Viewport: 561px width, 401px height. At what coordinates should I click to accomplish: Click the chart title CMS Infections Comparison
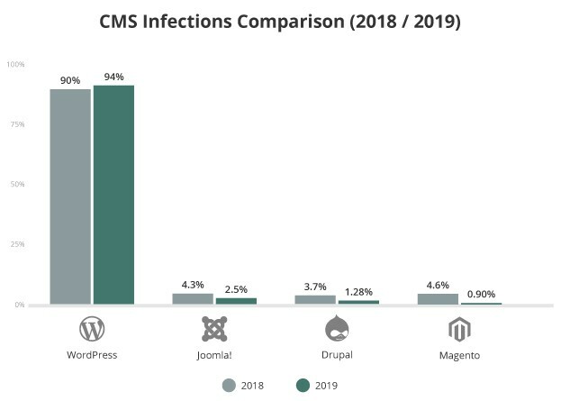(280, 21)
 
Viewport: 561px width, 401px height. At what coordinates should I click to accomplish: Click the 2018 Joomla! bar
(193, 298)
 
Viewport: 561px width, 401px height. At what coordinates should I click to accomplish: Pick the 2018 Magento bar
(438, 298)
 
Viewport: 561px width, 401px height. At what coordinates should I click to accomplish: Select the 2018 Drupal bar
(315, 299)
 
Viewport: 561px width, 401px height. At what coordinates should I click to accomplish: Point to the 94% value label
(113, 77)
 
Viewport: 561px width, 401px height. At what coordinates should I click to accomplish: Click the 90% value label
(70, 80)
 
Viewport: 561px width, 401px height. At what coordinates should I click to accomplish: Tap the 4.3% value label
(193, 285)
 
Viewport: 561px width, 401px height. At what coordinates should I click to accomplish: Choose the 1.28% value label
(358, 292)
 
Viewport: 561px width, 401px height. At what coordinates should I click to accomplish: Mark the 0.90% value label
(481, 294)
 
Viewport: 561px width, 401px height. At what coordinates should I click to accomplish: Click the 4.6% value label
(438, 284)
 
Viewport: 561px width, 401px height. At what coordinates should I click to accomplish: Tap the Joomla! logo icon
(214, 330)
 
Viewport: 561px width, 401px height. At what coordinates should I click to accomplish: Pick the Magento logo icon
(459, 330)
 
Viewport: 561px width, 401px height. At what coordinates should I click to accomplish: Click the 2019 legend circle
(303, 385)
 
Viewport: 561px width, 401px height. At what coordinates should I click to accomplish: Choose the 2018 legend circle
(230, 385)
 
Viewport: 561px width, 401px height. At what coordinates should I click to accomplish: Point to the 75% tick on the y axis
(16, 124)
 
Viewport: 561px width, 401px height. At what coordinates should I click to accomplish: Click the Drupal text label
(337, 355)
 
